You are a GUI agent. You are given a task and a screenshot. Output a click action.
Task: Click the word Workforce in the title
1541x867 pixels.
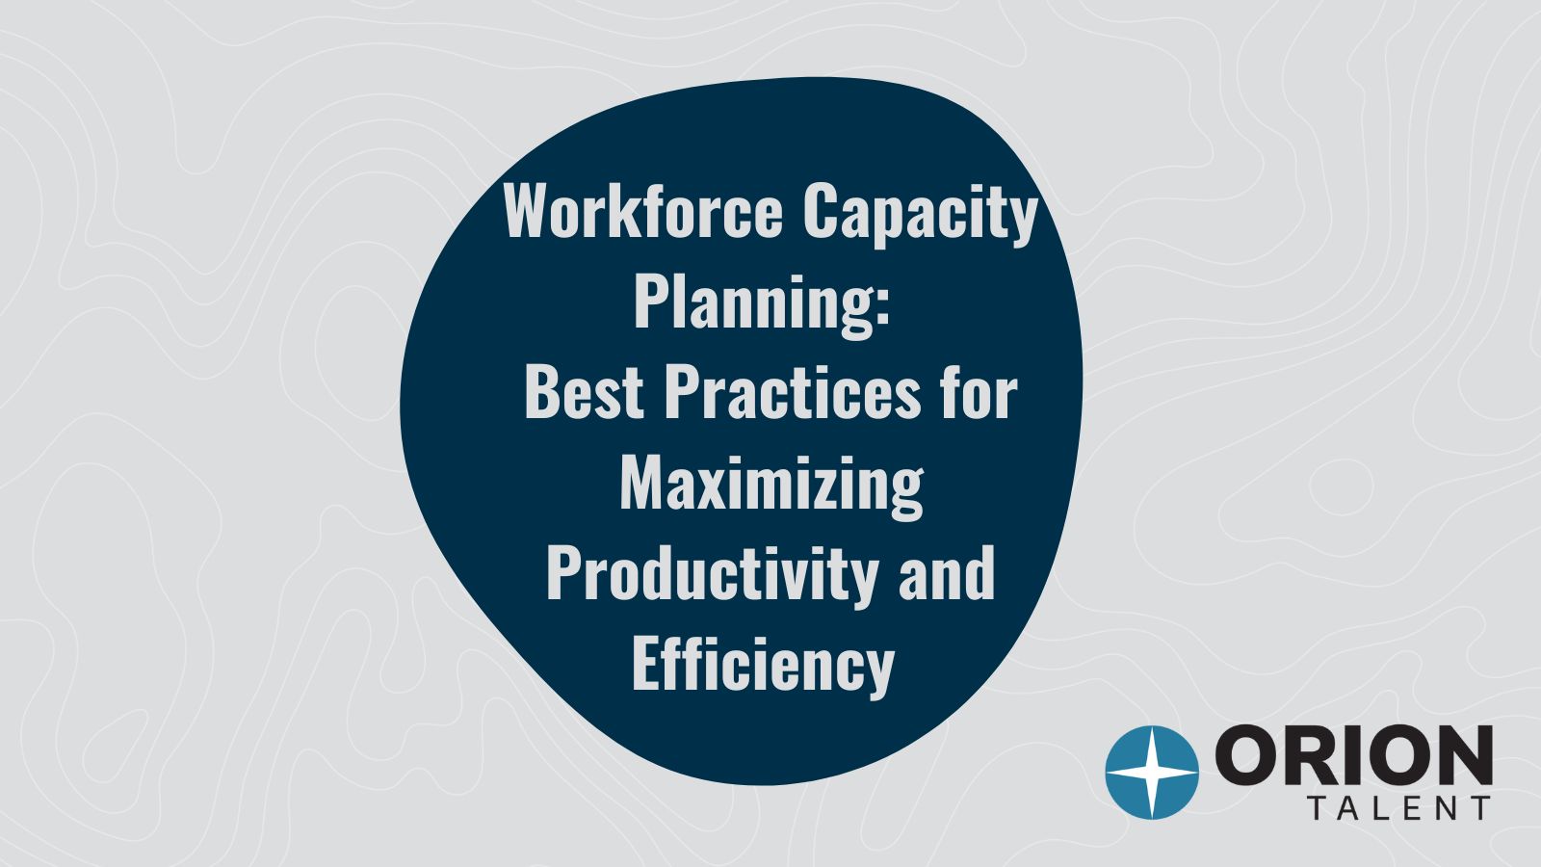[x=643, y=212]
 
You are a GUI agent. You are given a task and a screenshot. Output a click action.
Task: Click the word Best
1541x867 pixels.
[x=584, y=393]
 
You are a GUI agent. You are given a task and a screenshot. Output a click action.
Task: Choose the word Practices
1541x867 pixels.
[x=792, y=393]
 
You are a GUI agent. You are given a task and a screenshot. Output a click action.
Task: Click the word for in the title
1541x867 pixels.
[x=979, y=393]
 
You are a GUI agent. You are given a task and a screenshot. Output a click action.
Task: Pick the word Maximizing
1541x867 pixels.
[x=770, y=485]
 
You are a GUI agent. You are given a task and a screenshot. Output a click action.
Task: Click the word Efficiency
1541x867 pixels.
[x=763, y=666]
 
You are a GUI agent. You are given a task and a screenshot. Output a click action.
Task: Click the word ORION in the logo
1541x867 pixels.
[x=1354, y=756]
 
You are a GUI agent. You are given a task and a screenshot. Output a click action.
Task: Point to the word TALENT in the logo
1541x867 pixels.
[x=1399, y=809]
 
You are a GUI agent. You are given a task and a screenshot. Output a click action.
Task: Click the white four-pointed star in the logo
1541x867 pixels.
[x=1152, y=773]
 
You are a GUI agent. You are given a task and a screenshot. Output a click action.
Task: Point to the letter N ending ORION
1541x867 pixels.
[x=1459, y=756]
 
